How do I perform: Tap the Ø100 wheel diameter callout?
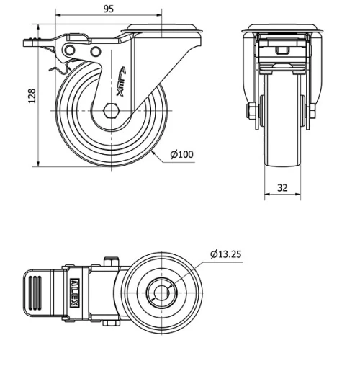(182, 155)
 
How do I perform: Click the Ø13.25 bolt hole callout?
(225, 254)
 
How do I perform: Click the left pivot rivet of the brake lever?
(71, 49)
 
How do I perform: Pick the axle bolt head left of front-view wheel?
(249, 111)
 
